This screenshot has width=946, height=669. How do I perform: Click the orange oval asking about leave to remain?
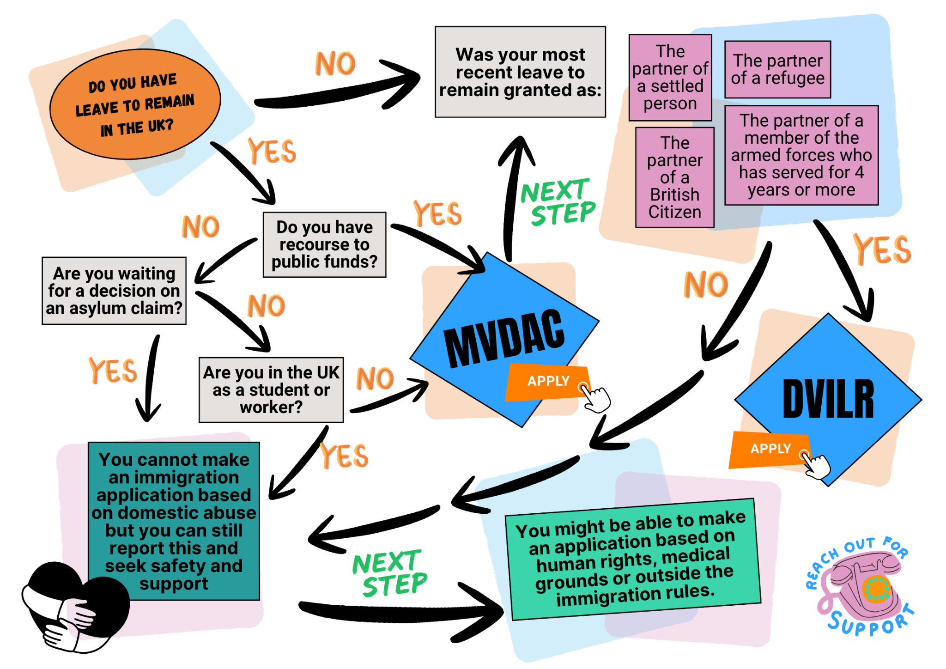pyautogui.click(x=135, y=104)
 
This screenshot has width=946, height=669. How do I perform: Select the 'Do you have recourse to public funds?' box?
pyautogui.click(x=324, y=244)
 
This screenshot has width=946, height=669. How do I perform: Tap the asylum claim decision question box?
pyautogui.click(x=114, y=291)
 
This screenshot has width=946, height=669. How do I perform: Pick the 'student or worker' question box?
pyautogui.click(x=271, y=389)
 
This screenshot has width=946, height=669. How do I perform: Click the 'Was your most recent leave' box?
pyautogui.click(x=520, y=72)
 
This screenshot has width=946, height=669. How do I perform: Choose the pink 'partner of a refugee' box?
pyautogui.click(x=778, y=69)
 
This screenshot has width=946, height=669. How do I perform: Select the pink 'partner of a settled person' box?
pyautogui.click(x=670, y=78)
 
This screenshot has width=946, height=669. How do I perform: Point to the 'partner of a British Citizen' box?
pyautogui.click(x=675, y=177)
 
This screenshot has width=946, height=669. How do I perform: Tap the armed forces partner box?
pyautogui.click(x=801, y=155)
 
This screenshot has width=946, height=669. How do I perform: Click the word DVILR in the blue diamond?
pyautogui.click(x=829, y=399)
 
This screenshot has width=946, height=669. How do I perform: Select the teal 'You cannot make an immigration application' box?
pyautogui.click(x=174, y=521)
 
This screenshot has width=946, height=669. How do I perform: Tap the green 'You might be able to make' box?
pyautogui.click(x=633, y=559)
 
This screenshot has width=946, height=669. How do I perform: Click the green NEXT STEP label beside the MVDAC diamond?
pyautogui.click(x=558, y=202)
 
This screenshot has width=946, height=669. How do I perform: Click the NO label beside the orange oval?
pyautogui.click(x=335, y=63)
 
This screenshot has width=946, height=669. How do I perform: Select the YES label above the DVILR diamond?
pyautogui.click(x=882, y=249)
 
